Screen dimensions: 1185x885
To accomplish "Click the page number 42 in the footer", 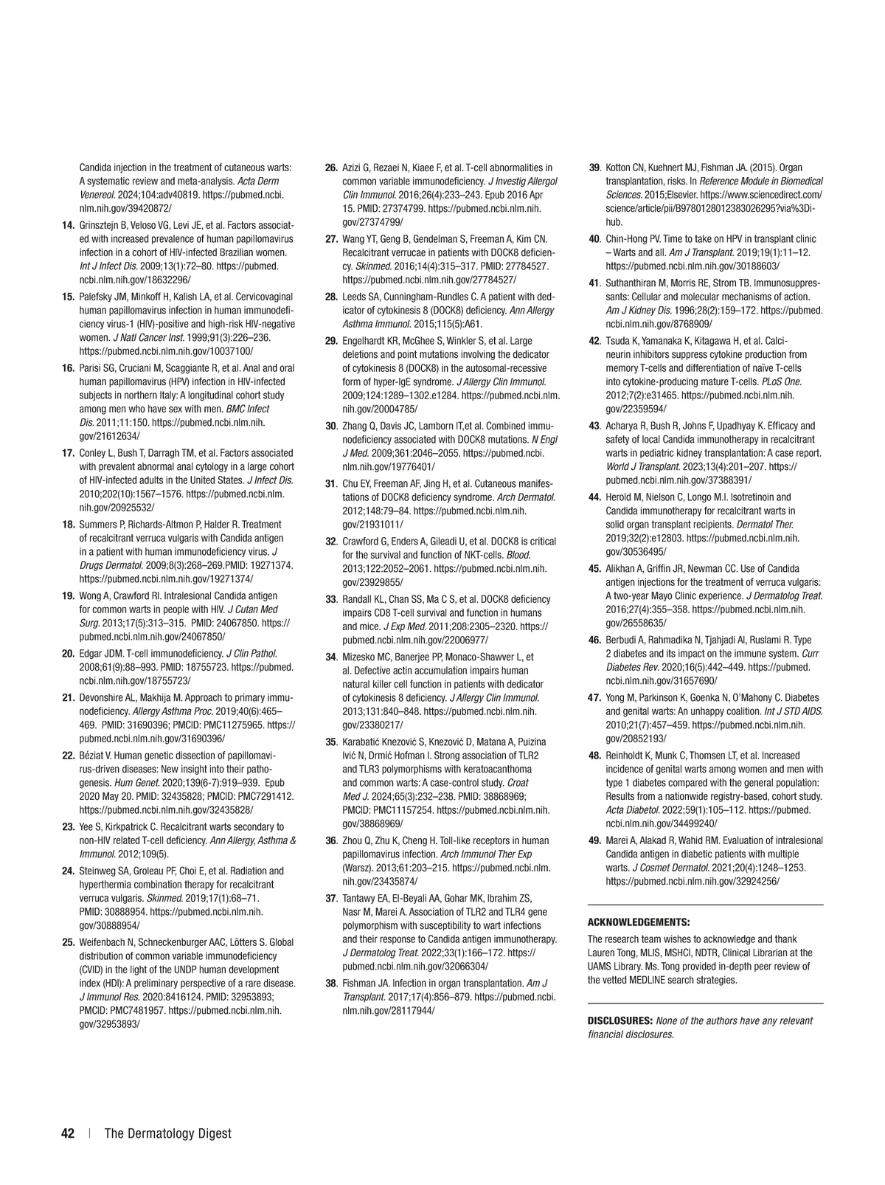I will pyautogui.click(x=68, y=1133).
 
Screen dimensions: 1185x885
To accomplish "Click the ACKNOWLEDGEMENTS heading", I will pyautogui.click(x=639, y=922).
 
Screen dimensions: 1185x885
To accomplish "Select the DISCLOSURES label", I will pyautogui.click(x=619, y=1020).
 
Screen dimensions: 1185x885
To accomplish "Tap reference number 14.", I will pyautogui.click(x=67, y=224).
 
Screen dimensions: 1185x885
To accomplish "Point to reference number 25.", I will pyautogui.click(x=67, y=942).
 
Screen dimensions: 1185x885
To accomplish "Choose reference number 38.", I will pyautogui.click(x=331, y=983).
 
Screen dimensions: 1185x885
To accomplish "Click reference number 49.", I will pyautogui.click(x=594, y=840).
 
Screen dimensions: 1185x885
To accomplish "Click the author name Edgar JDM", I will pyautogui.click(x=101, y=653).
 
